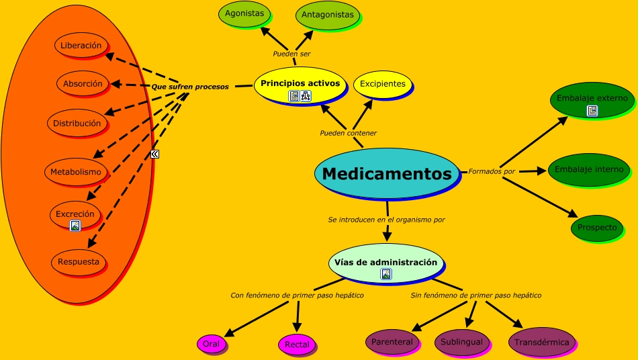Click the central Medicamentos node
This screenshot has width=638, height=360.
coord(387,173)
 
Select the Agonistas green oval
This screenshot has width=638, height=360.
coord(244,14)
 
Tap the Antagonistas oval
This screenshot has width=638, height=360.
coord(328,15)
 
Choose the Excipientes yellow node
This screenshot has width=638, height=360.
coord(382,84)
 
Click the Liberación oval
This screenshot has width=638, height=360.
coord(81,46)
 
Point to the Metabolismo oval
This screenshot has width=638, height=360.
coord(76,172)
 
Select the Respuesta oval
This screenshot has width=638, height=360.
coord(79,262)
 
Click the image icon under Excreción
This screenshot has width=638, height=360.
coord(75,226)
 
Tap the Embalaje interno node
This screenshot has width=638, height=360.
coord(589,169)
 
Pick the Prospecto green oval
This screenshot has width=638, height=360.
coord(596,228)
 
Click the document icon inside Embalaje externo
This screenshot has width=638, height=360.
coord(592,111)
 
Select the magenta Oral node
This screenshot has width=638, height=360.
coord(211,345)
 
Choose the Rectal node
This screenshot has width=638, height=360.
coord(297,345)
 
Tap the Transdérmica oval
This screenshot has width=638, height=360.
coord(541,343)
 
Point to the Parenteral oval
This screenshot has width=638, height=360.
coord(392,342)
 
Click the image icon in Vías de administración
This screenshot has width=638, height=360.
coord(386,274)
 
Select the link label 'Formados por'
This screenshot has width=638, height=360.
coord(492,171)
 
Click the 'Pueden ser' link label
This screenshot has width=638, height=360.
coord(291,54)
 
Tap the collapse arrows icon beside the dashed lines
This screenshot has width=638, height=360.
coord(155,154)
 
